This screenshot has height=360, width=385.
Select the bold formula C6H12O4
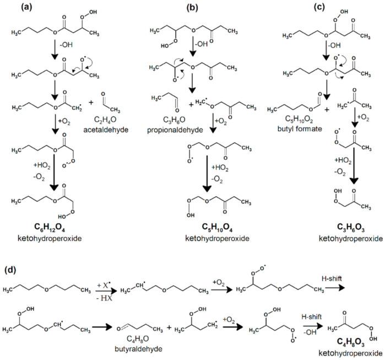coord(59,229)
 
